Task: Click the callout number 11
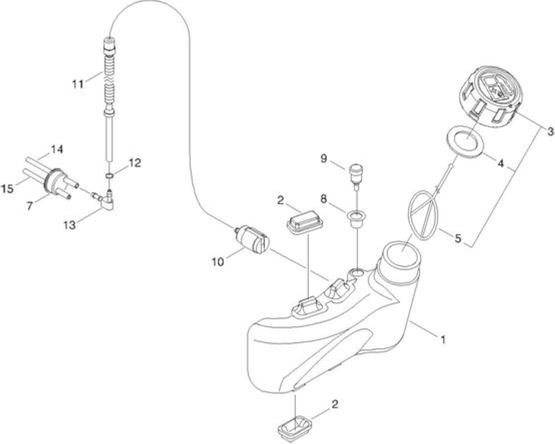point(78,84)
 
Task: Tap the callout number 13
point(69,225)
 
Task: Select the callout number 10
point(218,262)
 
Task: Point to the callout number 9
point(324,159)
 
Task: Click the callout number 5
point(458,238)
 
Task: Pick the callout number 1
point(443,340)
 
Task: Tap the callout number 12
point(135,163)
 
